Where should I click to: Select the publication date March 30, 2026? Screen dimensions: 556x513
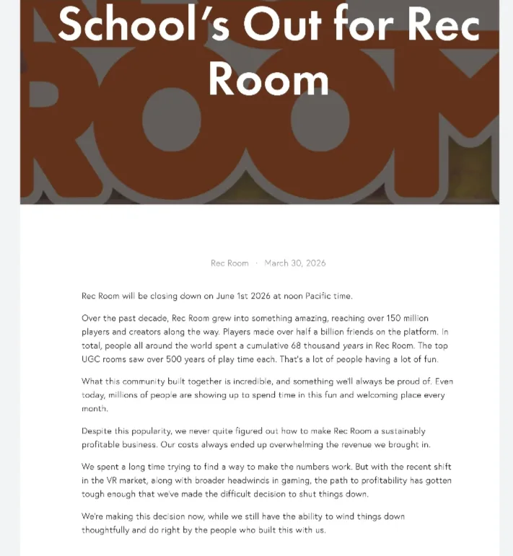click(295, 263)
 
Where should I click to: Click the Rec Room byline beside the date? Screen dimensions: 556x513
click(229, 263)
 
